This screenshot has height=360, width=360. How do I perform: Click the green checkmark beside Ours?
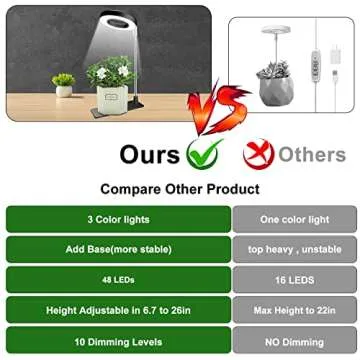click(204, 153)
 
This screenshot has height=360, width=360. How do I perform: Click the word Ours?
click(151, 154)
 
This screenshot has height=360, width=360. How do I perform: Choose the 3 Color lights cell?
click(117, 218)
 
